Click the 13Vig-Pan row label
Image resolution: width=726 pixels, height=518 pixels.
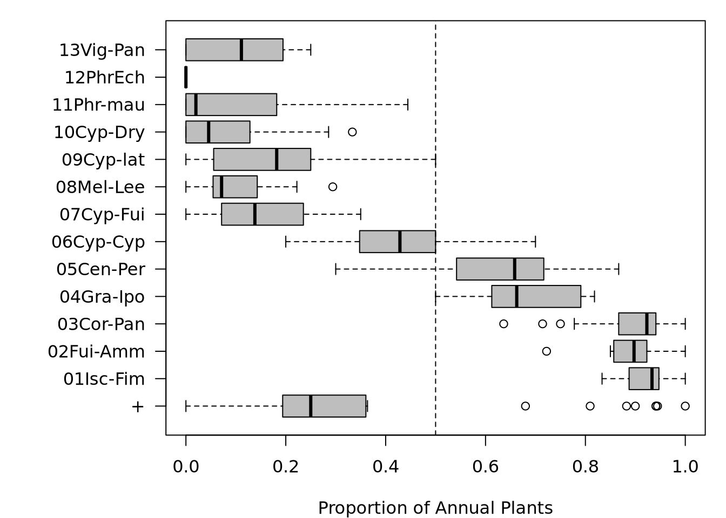click(102, 50)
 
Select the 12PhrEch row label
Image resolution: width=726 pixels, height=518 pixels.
click(105, 78)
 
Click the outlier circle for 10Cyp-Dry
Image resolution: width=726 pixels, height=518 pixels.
click(352, 132)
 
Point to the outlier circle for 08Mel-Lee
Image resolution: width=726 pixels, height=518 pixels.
click(333, 187)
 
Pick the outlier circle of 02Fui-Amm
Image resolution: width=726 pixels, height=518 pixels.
click(546, 351)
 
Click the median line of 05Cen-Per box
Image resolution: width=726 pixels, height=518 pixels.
click(514, 269)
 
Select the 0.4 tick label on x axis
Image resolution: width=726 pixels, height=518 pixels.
click(386, 467)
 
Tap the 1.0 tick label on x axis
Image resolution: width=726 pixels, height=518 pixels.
click(685, 467)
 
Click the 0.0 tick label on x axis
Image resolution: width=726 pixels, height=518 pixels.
click(186, 467)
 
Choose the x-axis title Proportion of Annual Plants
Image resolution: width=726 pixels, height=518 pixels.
click(435, 508)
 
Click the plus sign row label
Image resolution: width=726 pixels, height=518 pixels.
click(138, 406)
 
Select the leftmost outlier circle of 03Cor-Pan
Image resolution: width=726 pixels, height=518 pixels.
click(503, 324)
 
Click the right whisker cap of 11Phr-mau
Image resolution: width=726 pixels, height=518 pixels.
click(408, 105)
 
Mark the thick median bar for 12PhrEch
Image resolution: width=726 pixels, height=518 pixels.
click(186, 77)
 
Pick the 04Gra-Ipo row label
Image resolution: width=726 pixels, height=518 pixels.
click(102, 297)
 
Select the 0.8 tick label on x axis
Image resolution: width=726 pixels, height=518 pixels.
click(586, 467)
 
